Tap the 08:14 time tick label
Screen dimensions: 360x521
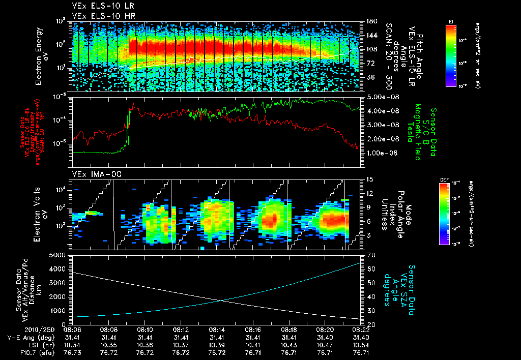pos(217,329)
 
